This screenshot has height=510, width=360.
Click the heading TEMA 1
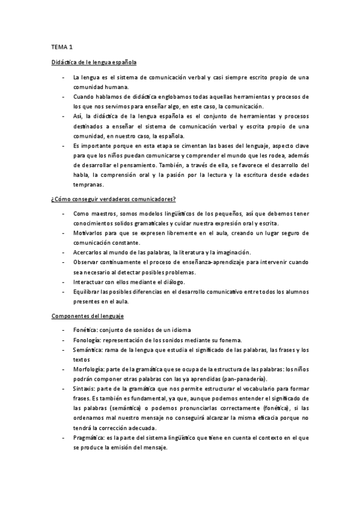coord(61,46)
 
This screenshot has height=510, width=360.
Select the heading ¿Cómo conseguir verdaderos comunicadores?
coord(113,198)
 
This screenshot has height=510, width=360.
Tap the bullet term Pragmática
coord(88,437)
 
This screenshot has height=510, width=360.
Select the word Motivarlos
coord(88,233)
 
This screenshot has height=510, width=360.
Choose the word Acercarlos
coord(88,252)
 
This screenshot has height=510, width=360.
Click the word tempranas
coord(88,184)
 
